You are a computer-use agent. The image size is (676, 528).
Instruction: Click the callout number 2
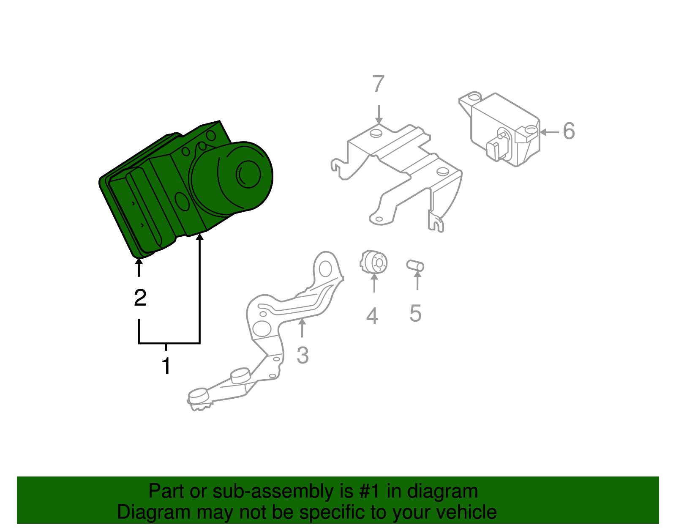pyautogui.click(x=140, y=298)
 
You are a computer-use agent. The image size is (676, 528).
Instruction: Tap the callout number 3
pyautogui.click(x=303, y=355)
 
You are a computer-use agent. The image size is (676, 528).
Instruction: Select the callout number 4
pyautogui.click(x=372, y=315)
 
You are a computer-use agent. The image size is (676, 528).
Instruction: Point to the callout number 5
pyautogui.click(x=416, y=313)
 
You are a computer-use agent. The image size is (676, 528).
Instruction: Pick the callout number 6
pyautogui.click(x=569, y=131)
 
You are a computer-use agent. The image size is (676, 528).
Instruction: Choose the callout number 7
pyautogui.click(x=378, y=83)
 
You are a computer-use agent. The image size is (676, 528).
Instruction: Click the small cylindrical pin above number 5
pyautogui.click(x=415, y=265)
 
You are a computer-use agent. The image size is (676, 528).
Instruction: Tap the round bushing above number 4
pyautogui.click(x=373, y=262)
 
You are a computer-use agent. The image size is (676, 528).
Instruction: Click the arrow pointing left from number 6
pyautogui.click(x=549, y=132)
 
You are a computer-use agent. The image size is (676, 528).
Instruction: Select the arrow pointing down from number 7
pyautogui.click(x=379, y=115)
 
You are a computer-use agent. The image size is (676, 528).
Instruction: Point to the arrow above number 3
pyautogui.click(x=302, y=328)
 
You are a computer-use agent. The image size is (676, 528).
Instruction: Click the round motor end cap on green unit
pyautogui.click(x=248, y=174)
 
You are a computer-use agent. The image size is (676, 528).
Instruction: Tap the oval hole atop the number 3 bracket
pyautogui.click(x=325, y=269)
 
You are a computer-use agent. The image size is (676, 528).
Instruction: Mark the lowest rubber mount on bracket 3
pyautogui.click(x=198, y=396)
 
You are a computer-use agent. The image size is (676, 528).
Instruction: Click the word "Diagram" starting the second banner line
pyautogui.click(x=153, y=512)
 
